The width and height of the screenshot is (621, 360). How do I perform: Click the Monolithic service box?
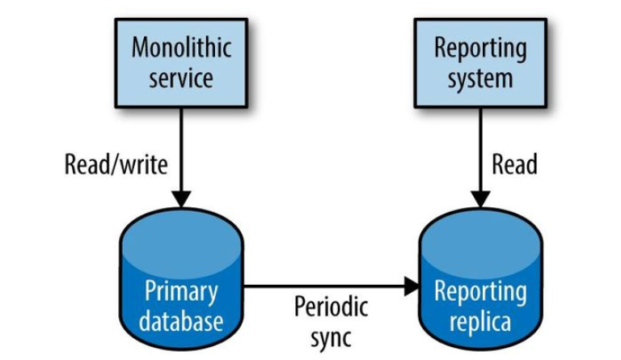click(181, 63)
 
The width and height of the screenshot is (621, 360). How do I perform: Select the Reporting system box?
click(480, 63)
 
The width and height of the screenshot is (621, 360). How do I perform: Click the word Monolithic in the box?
click(181, 48)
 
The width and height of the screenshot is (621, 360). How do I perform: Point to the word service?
click(181, 78)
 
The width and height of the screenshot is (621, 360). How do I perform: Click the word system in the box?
click(480, 78)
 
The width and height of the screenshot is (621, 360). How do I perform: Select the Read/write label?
click(116, 164)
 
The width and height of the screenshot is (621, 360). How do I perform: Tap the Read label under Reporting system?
click(515, 164)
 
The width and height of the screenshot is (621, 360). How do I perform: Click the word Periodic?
click(331, 307)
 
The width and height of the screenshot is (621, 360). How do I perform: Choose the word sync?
click(331, 337)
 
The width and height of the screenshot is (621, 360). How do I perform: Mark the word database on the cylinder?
click(181, 321)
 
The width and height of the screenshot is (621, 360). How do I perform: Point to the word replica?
click(480, 321)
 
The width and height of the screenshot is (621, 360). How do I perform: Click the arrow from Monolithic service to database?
click(181, 154)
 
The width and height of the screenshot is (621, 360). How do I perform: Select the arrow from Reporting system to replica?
click(481, 154)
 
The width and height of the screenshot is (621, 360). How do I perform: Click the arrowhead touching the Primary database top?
click(181, 199)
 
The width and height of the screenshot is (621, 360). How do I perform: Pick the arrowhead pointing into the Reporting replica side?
click(412, 286)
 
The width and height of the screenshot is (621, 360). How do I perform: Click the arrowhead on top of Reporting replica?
click(481, 199)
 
